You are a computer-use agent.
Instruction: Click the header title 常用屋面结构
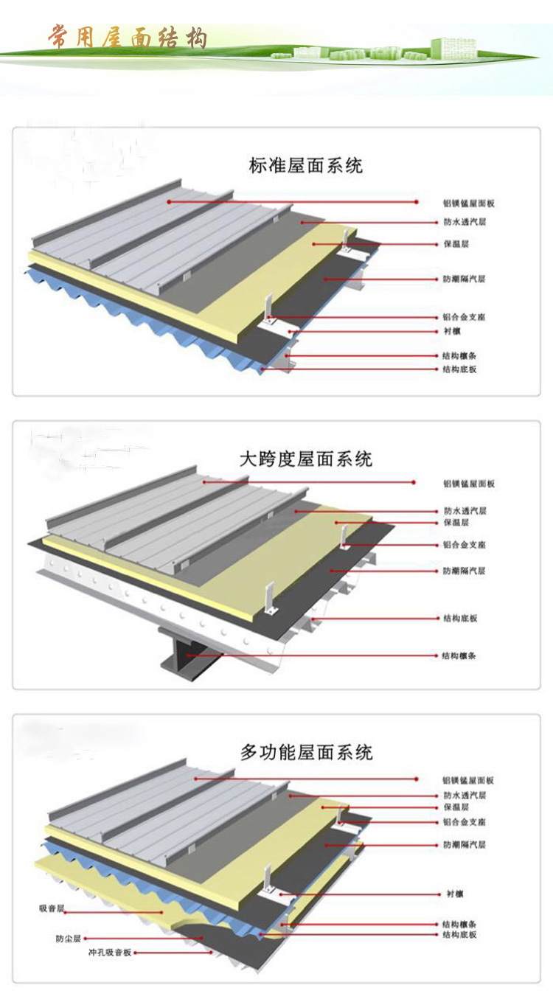pos(128,37)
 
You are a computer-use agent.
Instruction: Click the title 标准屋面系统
pos(306,165)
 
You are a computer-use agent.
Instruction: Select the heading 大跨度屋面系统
pos(306,459)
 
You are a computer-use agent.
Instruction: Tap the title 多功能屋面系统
pos(306,752)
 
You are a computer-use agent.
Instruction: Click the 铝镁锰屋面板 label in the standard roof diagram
pos(463,201)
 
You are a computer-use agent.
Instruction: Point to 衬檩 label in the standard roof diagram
pos(452,332)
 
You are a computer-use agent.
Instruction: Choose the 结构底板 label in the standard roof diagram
pos(459,369)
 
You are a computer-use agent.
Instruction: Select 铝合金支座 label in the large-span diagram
pos(464,545)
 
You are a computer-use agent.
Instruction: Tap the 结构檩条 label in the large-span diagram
pos(459,655)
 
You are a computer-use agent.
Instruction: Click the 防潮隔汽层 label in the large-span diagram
pos(464,571)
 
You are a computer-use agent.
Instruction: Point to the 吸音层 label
pos(53,908)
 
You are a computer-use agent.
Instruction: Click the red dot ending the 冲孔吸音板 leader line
pos(212,953)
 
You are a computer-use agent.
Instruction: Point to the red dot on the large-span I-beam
pos(188,655)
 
